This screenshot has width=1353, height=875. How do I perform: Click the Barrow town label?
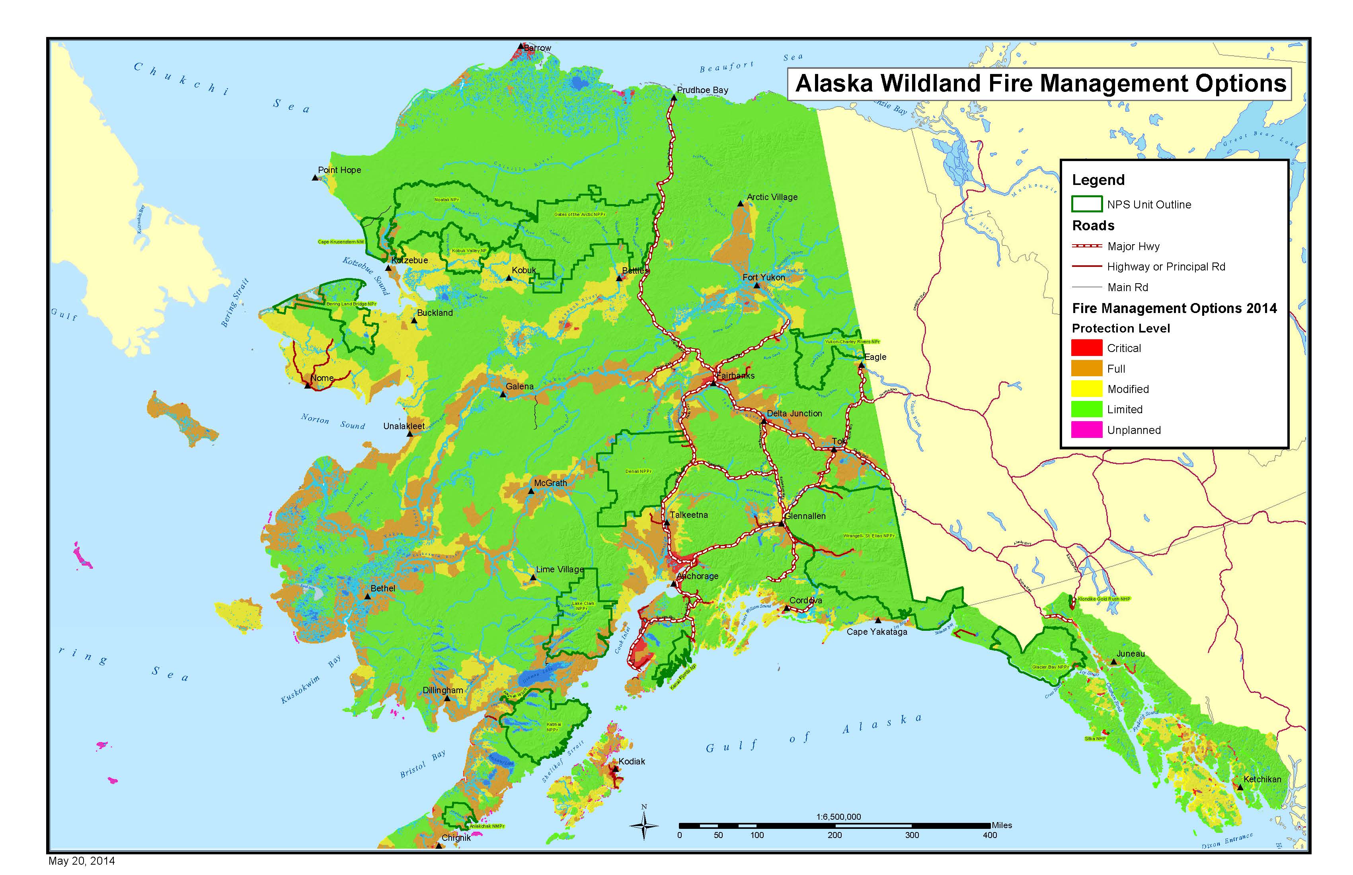click(x=537, y=48)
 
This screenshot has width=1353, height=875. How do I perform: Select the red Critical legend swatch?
click(x=1086, y=348)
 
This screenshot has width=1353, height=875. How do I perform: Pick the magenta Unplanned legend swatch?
click(x=1086, y=430)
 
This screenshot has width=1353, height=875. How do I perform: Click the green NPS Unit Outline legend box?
click(x=1086, y=204)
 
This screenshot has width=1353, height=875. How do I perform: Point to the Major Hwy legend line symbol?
click(x=1086, y=246)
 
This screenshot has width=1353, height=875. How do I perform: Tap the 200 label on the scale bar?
click(x=834, y=835)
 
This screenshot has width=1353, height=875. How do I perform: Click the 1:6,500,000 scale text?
click(x=838, y=817)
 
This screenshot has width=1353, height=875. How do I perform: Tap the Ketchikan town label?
click(x=1262, y=780)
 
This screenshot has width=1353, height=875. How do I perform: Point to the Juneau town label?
click(x=1130, y=654)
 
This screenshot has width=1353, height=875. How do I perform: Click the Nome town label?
click(x=322, y=378)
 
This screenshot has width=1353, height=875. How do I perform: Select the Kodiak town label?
click(x=632, y=761)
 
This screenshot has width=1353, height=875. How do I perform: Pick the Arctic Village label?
click(x=772, y=197)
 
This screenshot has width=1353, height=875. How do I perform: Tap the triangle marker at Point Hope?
click(x=315, y=178)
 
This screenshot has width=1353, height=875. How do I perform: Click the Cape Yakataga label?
click(x=877, y=632)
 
